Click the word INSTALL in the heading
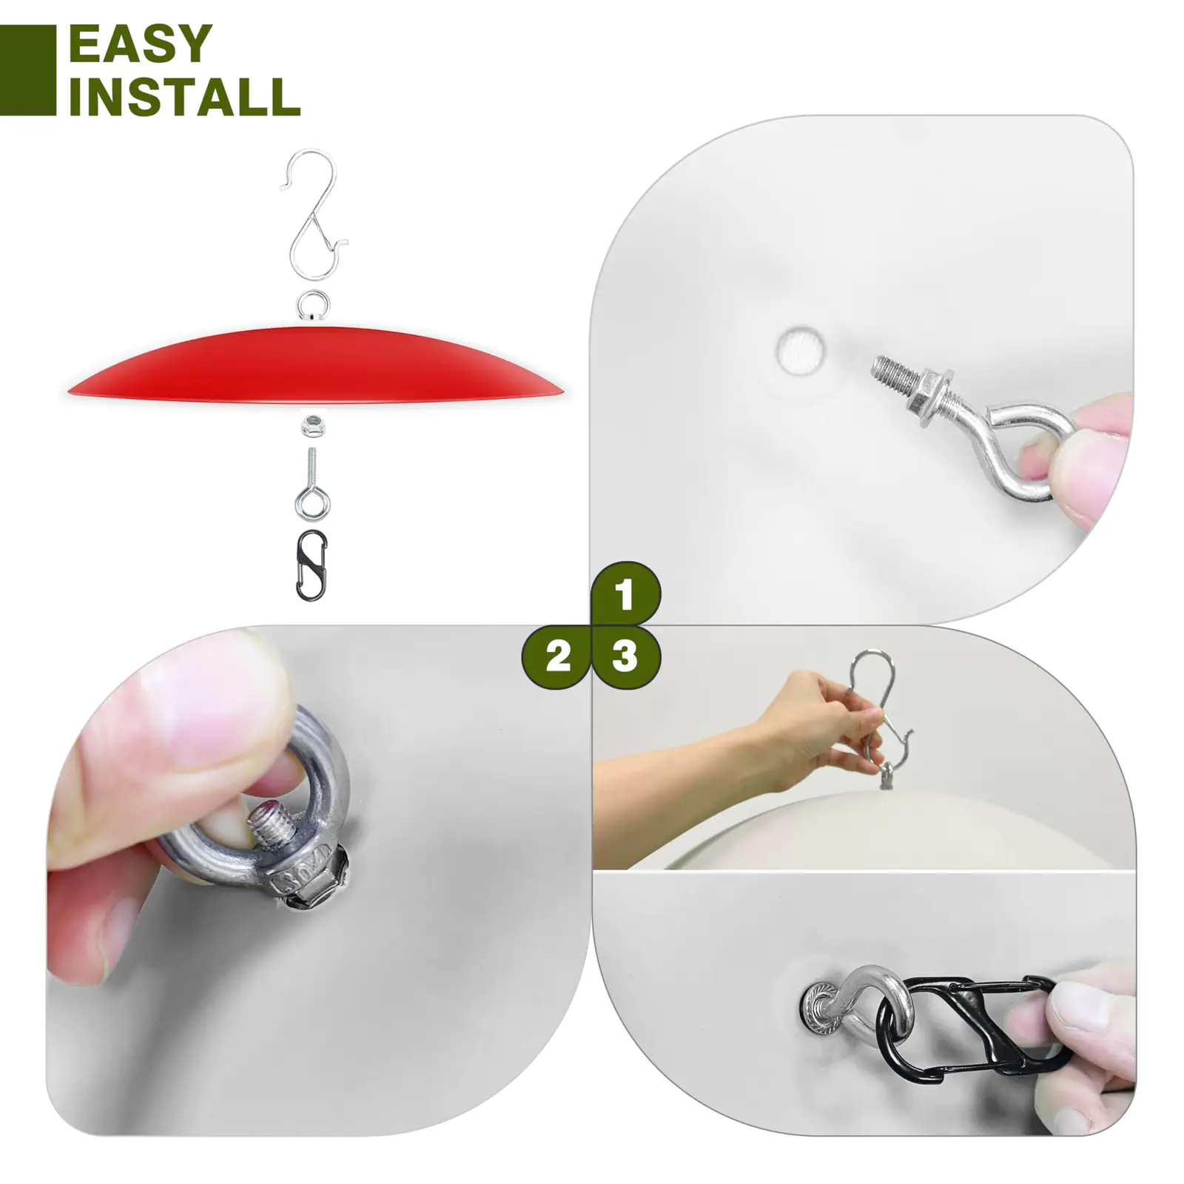pyautogui.click(x=184, y=96)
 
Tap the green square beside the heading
pyautogui.click(x=27, y=70)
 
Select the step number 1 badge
pyautogui.click(x=625, y=594)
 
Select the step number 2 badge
pyautogui.click(x=557, y=656)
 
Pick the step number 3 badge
pyautogui.click(x=626, y=656)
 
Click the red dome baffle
pyautogui.click(x=314, y=366)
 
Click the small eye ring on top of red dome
pyautogui.click(x=313, y=305)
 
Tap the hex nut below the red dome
pyautogui.click(x=312, y=427)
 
